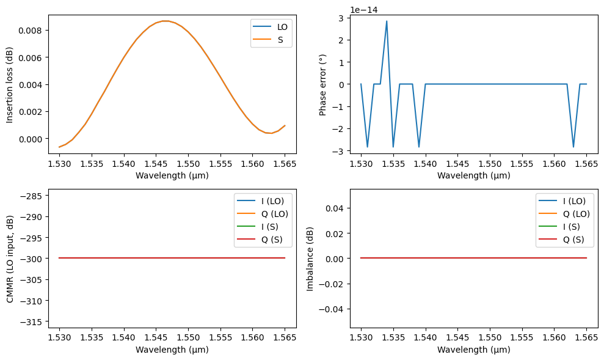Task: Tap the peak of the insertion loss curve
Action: (165, 21)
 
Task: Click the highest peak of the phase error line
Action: (387, 21)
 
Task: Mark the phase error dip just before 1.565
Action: (573, 147)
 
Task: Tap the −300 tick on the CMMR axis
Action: (32, 259)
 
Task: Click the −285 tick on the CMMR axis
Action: (32, 196)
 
